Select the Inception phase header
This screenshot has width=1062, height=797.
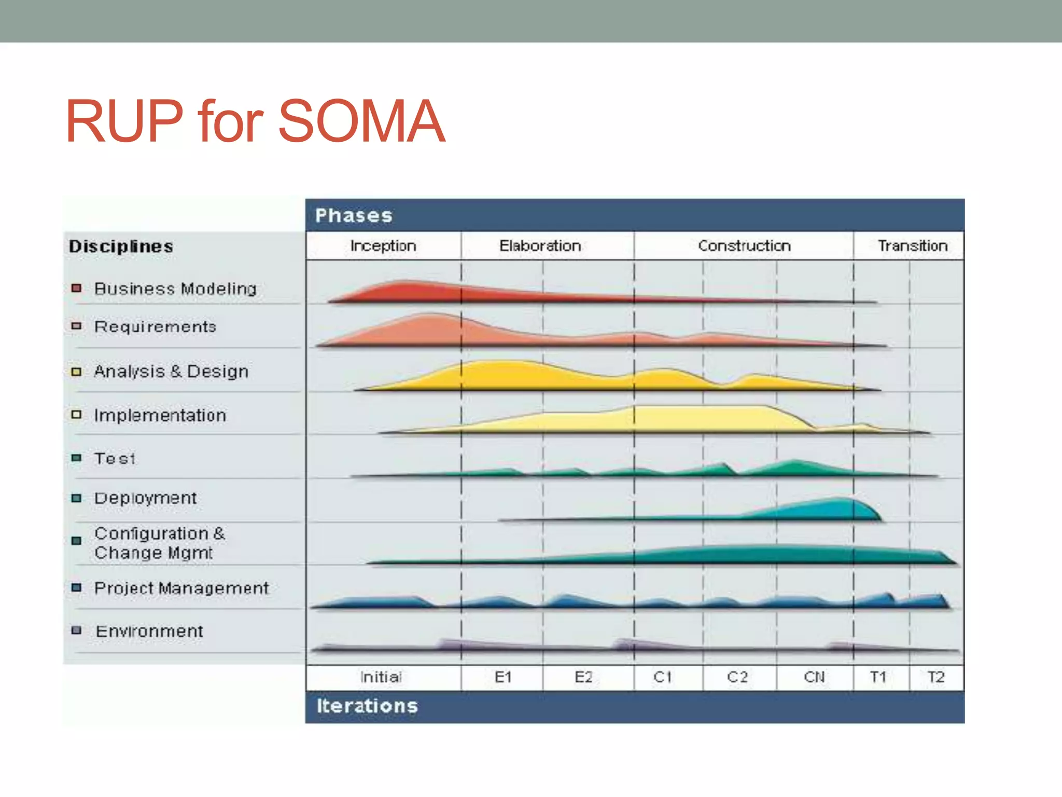tap(383, 245)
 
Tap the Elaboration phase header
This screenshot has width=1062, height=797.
tap(540, 245)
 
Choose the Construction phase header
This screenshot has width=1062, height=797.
tap(744, 245)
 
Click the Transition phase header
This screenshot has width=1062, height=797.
tap(912, 245)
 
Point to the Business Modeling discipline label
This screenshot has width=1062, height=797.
tap(175, 288)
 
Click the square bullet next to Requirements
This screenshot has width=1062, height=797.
tap(77, 326)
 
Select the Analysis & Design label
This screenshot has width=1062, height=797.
tap(171, 371)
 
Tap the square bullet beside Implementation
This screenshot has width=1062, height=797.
tap(77, 415)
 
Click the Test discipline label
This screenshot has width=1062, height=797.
tap(115, 459)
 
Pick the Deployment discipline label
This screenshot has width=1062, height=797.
tap(145, 498)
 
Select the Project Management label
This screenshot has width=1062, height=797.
tap(181, 588)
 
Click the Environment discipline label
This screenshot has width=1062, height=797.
tap(149, 631)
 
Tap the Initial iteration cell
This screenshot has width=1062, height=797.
tap(381, 677)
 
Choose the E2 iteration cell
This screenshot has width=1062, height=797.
tap(583, 677)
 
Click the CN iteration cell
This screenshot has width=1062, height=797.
tap(814, 677)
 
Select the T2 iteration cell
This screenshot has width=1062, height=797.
tap(936, 677)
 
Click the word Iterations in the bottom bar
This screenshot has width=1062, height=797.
tap(367, 706)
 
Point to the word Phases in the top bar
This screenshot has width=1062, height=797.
tap(354, 215)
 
